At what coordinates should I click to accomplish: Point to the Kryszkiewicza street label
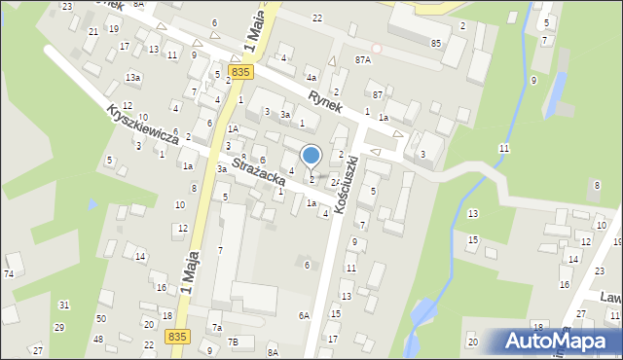pos(142,125)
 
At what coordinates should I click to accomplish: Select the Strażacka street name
pos(258,166)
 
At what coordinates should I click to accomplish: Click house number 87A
pos(363,59)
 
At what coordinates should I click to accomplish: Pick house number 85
pos(436,43)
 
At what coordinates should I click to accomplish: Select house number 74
pos(9,274)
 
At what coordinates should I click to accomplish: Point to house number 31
pos(63,306)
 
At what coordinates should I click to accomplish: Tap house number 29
pos(58,327)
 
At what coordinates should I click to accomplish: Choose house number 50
pos(100,319)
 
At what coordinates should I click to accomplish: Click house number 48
pos(97,339)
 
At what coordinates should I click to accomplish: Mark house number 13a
pos(132,77)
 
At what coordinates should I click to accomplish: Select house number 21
pos(92,31)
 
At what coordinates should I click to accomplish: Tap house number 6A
pos(304,315)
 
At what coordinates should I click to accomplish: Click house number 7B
pos(233,342)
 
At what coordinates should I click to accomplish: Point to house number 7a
pos(217,328)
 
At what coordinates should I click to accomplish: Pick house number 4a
pos(311,77)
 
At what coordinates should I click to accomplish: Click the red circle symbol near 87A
pos(377,49)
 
